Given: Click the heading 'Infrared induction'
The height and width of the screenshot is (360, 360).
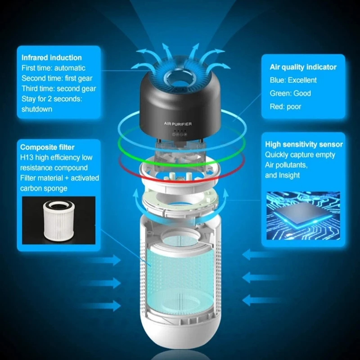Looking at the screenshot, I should point(52,58).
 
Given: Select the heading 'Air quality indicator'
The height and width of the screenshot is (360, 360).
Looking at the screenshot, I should point(303,67).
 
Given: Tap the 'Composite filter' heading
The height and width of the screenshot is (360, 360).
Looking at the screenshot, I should point(47,147).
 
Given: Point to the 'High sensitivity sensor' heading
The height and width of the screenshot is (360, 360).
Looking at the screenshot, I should point(304,144).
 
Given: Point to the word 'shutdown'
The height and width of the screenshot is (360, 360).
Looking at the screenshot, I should point(37,109).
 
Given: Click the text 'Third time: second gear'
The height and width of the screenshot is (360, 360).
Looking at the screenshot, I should point(57,88).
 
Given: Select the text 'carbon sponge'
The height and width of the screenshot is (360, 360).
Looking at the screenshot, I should point(44,188).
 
